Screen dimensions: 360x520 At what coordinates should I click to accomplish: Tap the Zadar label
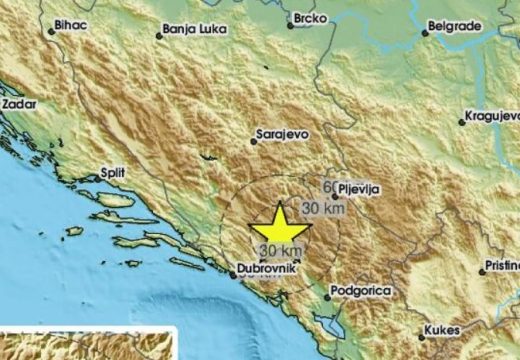20,103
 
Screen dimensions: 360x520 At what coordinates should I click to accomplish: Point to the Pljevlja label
360,187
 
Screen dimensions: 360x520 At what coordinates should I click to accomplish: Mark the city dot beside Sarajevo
255,141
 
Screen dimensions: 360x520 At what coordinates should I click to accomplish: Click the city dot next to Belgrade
425,32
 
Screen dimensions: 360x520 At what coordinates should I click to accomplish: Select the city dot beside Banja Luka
158,37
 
